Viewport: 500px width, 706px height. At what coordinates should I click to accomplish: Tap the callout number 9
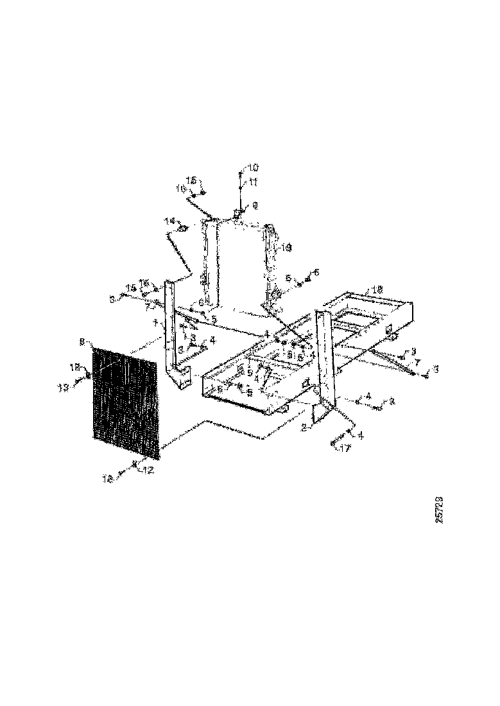[x=254, y=205]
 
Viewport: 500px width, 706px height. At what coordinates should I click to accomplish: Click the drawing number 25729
[x=439, y=509]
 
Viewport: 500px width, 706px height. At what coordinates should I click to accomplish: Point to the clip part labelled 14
[x=182, y=228]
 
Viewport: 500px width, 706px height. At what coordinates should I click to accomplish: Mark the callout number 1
[x=155, y=323]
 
